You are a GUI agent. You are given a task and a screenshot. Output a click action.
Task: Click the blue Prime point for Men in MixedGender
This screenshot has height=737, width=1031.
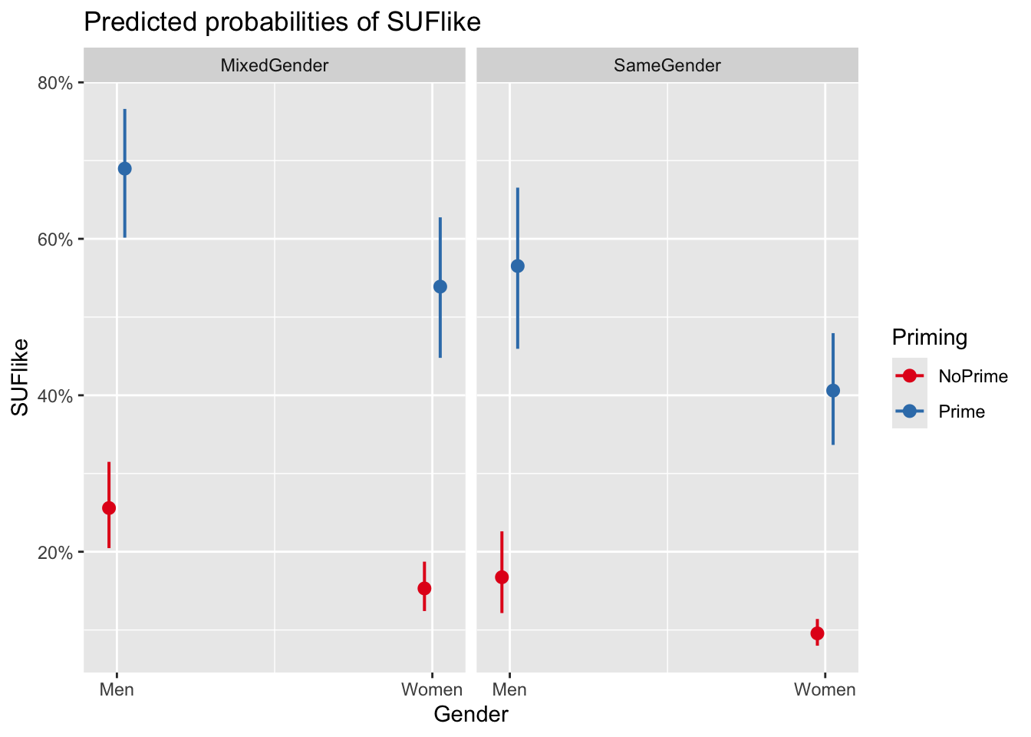tap(124, 169)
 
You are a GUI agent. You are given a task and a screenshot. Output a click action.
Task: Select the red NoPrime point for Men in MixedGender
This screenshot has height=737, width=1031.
tap(109, 507)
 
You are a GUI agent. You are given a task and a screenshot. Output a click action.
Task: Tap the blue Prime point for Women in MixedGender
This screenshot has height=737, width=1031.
tap(440, 286)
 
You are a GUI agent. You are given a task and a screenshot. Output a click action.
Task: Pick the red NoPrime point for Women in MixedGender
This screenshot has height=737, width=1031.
tap(424, 588)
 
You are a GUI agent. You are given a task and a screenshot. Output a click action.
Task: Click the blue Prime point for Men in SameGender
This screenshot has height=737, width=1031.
tap(518, 266)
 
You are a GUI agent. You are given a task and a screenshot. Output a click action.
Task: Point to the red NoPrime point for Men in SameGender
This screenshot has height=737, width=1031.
tap(502, 577)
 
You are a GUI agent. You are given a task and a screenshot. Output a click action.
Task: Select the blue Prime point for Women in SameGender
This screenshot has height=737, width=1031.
tap(833, 390)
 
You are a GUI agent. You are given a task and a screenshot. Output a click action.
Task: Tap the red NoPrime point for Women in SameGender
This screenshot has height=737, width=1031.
tap(817, 633)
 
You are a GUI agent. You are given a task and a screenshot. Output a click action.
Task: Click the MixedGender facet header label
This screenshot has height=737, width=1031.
tap(274, 65)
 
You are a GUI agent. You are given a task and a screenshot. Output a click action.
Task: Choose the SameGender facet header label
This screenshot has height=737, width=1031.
tap(667, 65)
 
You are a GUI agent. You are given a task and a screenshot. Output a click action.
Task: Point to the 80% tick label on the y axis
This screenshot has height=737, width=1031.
tap(55, 83)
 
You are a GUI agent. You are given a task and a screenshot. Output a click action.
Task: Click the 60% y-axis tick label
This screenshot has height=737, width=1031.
tap(55, 240)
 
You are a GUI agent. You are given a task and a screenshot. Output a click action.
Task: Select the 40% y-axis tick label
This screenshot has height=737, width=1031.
tap(55, 396)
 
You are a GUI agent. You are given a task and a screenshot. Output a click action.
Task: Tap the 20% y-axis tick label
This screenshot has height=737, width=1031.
tap(55, 553)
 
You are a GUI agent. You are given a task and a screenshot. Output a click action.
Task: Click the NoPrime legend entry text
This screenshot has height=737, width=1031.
tap(973, 376)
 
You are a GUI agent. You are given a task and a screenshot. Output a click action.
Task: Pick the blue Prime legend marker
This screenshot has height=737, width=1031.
tap(910, 411)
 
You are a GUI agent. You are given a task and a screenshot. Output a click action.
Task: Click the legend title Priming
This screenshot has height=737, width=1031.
tap(930, 338)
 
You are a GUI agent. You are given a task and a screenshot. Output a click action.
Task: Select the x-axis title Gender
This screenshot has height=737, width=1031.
tap(471, 715)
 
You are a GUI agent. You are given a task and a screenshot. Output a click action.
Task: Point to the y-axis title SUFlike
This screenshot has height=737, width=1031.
tap(21, 377)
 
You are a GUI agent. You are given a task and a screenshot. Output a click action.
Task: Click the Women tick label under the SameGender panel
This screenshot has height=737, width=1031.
tap(825, 689)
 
